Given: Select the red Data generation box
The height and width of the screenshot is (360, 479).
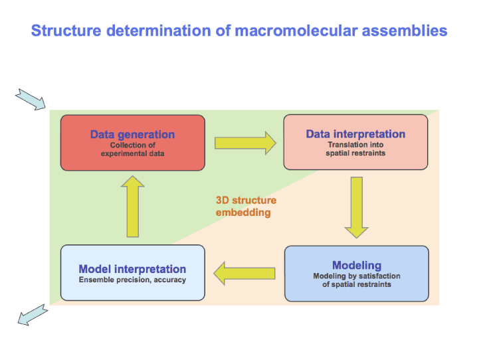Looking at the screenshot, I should pyautogui.click(x=132, y=143).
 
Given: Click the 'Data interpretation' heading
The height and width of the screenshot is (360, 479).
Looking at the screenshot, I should pyautogui.click(x=355, y=134).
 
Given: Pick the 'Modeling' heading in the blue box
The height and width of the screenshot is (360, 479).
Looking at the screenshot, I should pyautogui.click(x=357, y=266).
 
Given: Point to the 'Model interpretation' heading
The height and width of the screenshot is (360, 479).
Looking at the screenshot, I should pyautogui.click(x=132, y=269).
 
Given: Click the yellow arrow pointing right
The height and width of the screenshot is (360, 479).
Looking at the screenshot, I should pyautogui.click(x=245, y=142).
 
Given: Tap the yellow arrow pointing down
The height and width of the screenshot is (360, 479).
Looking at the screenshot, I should pyautogui.click(x=357, y=207).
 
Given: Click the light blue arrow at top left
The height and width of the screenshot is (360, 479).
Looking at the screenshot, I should pyautogui.click(x=31, y=99).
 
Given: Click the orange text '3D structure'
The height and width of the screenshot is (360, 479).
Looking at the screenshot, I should pyautogui.click(x=246, y=200).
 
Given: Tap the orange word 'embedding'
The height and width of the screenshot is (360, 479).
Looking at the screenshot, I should pyautogui.click(x=243, y=213).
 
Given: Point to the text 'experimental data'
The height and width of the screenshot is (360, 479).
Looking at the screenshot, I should pyautogui.click(x=132, y=153).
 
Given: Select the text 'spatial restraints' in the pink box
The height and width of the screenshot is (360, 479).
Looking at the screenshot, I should pyautogui.click(x=355, y=153).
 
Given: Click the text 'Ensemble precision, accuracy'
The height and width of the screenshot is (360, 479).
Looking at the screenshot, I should pyautogui.click(x=132, y=280).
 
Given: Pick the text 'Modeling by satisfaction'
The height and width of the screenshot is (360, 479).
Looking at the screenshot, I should pyautogui.click(x=357, y=276).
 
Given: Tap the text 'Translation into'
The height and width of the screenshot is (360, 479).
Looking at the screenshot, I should pyautogui.click(x=355, y=144).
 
